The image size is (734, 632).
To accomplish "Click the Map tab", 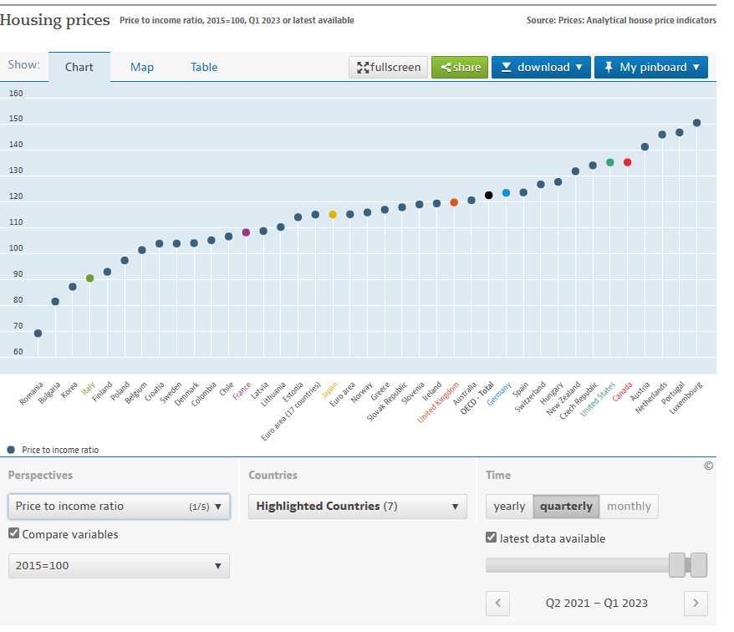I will coord(142,67).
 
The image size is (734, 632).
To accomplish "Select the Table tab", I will coord(204,67).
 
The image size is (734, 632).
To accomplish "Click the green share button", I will coord(460,67).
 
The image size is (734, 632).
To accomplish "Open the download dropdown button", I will coord(541,67).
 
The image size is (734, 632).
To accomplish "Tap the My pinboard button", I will coord(650,67).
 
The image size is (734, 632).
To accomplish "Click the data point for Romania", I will coord(38,334).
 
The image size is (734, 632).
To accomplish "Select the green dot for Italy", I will coord(90,278).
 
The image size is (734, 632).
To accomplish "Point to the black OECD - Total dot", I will coord(489,196).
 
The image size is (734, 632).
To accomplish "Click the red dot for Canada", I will coord(628,162).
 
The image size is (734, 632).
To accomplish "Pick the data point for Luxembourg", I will coord(697,123).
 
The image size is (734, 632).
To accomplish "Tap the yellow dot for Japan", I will coord(333,215).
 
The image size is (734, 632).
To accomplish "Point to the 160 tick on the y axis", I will coord(17,93).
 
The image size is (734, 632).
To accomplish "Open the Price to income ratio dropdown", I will coord(119,506).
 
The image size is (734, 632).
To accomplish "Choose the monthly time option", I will coord(629,507).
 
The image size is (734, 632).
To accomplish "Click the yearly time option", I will coord(509,507).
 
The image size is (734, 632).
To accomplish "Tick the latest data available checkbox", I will coord(492,538).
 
